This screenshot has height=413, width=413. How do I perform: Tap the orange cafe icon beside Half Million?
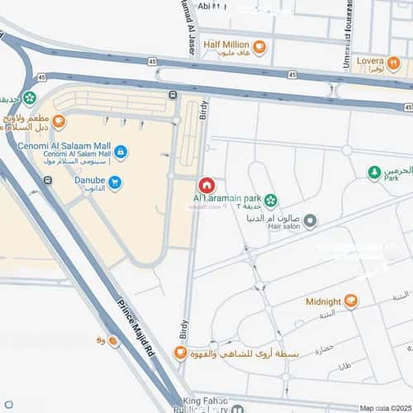pos(259,46)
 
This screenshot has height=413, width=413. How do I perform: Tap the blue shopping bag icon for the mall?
pos(121,152)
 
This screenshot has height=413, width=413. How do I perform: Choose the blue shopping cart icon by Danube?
pos(115,183)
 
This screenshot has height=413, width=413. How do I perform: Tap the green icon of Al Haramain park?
pos(271,199)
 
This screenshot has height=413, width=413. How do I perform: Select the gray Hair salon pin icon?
pos(311,221)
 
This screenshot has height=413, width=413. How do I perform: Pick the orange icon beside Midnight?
pos(352,301)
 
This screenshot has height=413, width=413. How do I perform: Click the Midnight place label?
pos(323,301)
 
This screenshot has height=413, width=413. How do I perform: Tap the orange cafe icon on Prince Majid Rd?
pos(113,339)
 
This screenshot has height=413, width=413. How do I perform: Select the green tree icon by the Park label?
pos(374,172)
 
